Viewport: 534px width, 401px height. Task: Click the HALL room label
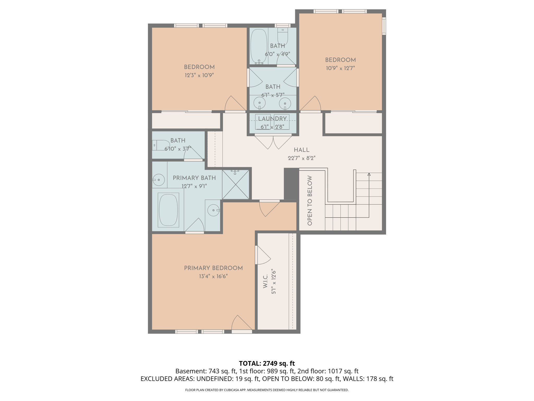coord(301,150)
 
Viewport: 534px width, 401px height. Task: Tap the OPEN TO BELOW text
coord(310,200)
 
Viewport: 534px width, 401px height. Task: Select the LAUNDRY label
coord(272,119)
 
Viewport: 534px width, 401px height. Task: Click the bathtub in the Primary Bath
coord(168,210)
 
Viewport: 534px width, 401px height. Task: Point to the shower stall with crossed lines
coord(235,185)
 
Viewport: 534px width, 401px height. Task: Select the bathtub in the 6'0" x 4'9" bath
coord(259,46)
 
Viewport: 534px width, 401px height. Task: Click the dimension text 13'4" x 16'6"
coord(213,276)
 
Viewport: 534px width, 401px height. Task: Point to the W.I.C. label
coord(265,281)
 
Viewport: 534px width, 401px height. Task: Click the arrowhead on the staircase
coord(369,174)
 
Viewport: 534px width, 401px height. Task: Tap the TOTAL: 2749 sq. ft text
coord(267,363)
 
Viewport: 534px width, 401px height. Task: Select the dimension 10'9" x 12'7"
coord(340,68)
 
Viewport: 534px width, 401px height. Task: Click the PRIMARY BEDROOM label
coord(213,268)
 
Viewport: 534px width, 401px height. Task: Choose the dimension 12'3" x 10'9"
coord(199,75)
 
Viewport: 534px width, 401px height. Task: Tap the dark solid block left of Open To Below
coord(291,184)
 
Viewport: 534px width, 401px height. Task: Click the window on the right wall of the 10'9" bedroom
coord(384,26)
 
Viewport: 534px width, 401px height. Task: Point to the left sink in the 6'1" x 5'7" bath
coord(259,103)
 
